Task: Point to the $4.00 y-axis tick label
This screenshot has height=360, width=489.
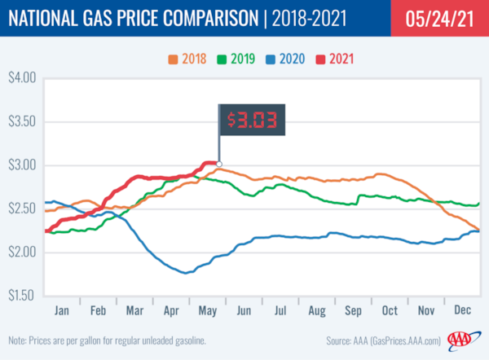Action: pos(23,79)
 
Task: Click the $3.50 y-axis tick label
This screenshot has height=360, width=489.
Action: pos(23,122)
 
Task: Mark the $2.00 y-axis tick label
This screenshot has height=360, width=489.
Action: pos(23,252)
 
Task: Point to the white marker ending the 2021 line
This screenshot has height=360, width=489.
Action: pos(219,164)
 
